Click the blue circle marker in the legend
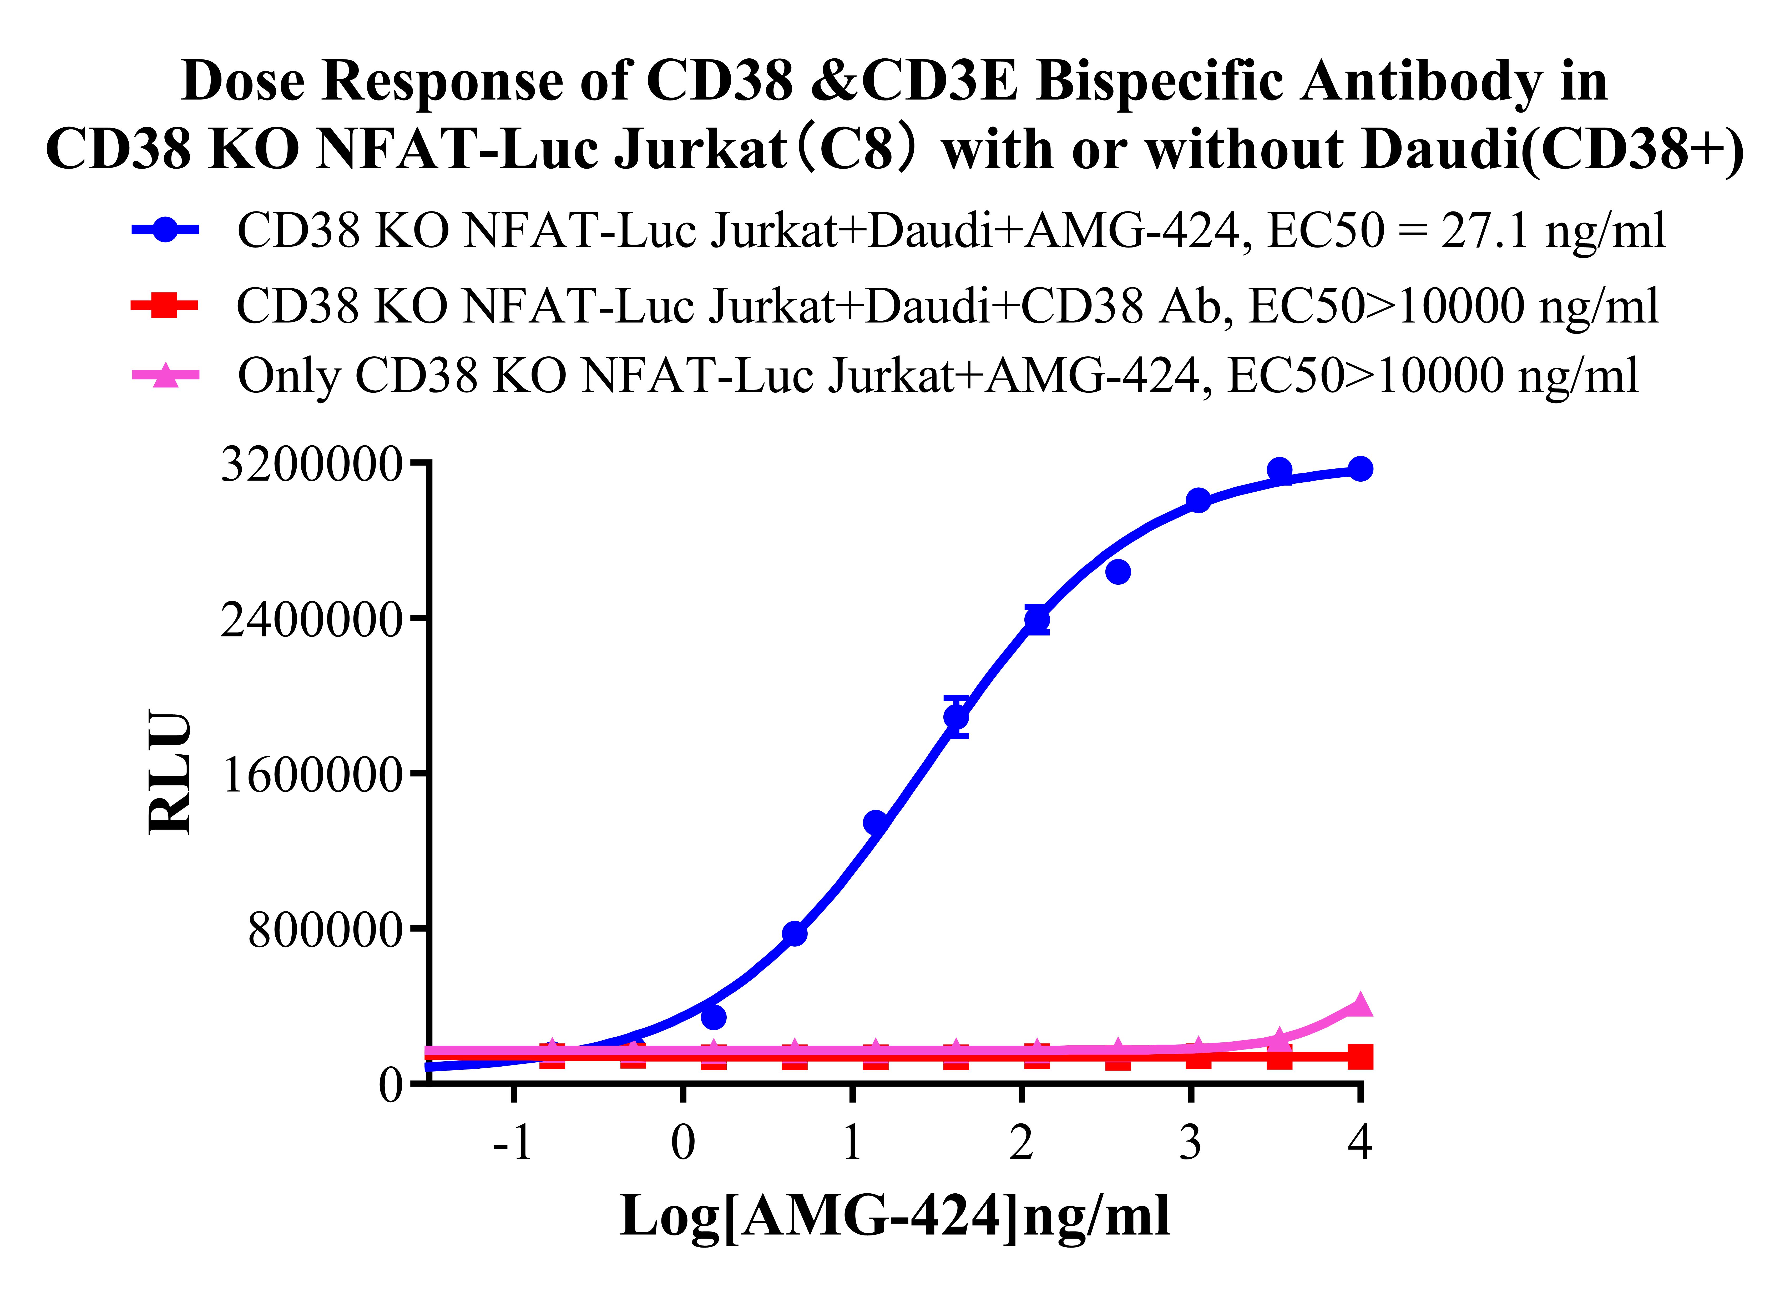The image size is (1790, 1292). point(165,230)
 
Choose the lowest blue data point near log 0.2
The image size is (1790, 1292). point(714,1017)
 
